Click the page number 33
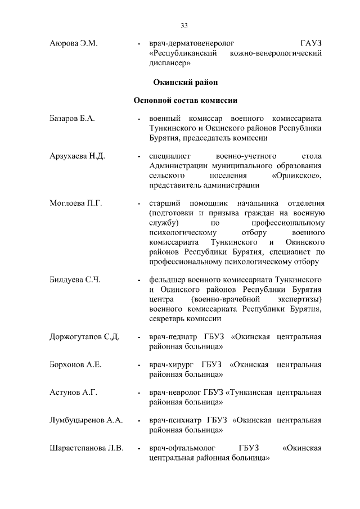[x=184, y=25]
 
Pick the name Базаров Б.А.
[x=72, y=119]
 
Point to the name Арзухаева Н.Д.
[x=77, y=156]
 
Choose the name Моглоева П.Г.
[x=75, y=202]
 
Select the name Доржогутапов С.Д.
[x=84, y=337]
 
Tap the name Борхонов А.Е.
[x=75, y=365]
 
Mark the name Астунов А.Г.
[x=74, y=393]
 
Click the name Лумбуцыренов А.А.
[x=87, y=420]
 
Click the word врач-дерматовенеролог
[x=191, y=43]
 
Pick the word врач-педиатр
[x=174, y=337]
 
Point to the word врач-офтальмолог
[x=182, y=448]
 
